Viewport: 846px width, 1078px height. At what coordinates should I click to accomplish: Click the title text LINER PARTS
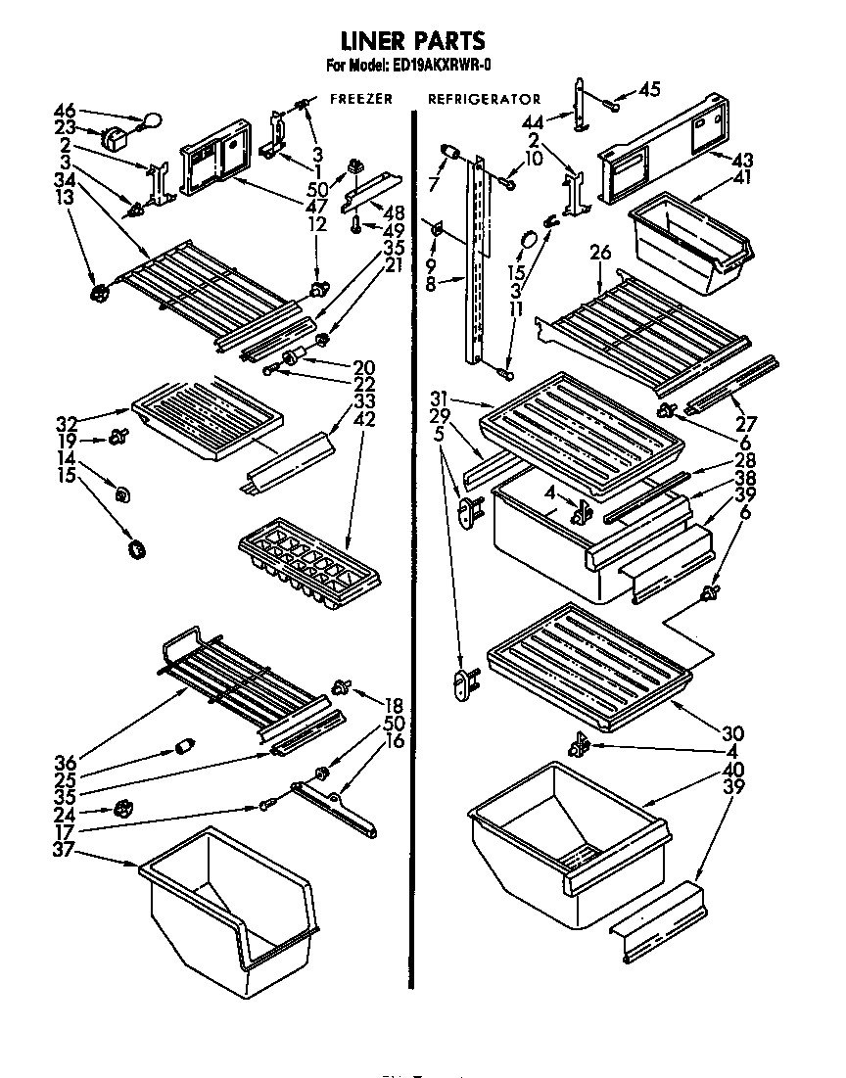[x=412, y=41]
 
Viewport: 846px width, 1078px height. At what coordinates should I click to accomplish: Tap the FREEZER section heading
[x=361, y=99]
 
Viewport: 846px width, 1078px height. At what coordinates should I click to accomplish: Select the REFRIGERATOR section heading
[x=484, y=99]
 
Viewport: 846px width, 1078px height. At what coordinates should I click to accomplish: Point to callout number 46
[x=65, y=112]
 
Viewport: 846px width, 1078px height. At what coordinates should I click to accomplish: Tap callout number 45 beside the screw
[x=649, y=89]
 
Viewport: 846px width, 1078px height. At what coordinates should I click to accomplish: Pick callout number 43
[x=743, y=160]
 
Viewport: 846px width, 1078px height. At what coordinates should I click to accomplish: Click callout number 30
[x=732, y=732]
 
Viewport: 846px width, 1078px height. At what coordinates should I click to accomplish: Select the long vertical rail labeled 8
[x=480, y=264]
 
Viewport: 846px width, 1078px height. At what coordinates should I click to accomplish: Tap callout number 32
[x=67, y=424]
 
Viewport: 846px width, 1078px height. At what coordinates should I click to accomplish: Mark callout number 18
[x=395, y=705]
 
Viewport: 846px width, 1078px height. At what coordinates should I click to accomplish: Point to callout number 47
[x=317, y=206]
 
